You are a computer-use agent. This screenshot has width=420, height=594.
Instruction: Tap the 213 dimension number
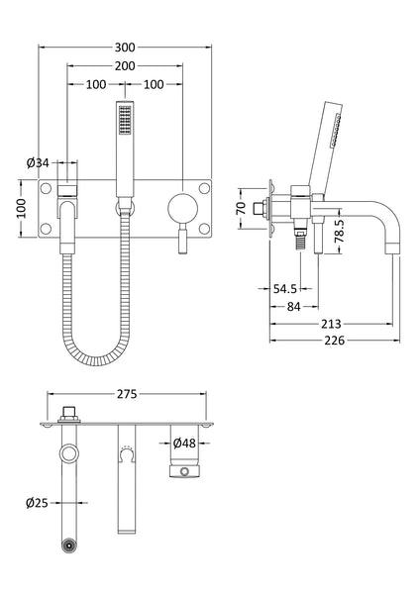[332, 324]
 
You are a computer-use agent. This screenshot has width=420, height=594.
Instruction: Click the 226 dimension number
[332, 343]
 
